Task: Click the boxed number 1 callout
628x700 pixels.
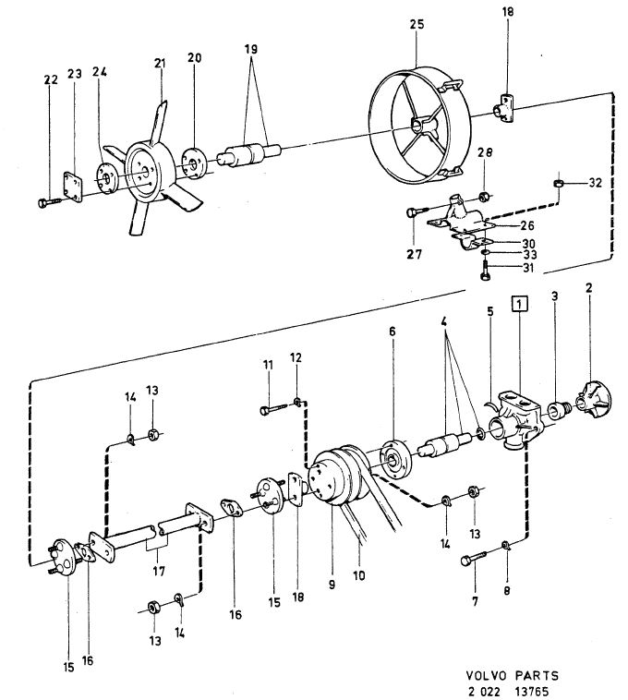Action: (520, 304)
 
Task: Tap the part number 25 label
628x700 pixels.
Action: (417, 24)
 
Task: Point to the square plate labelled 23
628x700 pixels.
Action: (73, 187)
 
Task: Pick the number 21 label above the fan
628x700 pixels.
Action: (160, 63)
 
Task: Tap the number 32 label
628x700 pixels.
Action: (596, 183)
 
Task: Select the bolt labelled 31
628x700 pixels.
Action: (486, 270)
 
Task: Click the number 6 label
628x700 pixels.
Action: (392, 332)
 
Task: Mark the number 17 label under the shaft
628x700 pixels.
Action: (160, 571)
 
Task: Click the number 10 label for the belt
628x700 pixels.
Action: (359, 576)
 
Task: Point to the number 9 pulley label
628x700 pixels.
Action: (332, 584)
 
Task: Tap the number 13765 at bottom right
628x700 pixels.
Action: (532, 691)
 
